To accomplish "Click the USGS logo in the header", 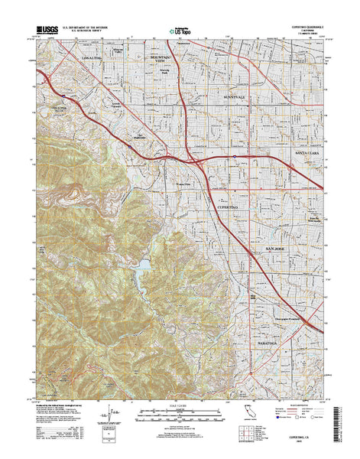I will click(x=47, y=31).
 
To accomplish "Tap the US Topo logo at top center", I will click(x=182, y=32).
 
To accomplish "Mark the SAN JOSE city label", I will click(x=277, y=250).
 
